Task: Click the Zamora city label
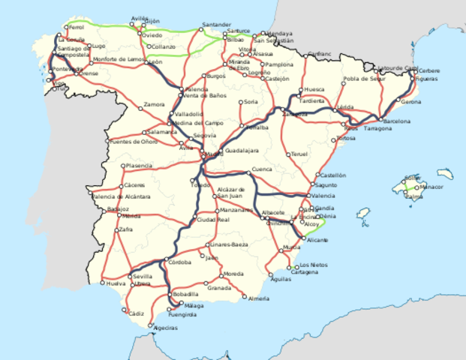[x=154, y=103]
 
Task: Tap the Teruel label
[x=299, y=154]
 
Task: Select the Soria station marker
[x=241, y=101]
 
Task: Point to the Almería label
[x=258, y=299]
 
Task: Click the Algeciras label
[x=165, y=328]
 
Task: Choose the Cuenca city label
[x=262, y=169]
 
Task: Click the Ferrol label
[x=77, y=27]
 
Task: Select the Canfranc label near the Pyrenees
[x=319, y=55]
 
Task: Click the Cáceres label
[x=135, y=184]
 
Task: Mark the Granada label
[x=219, y=287]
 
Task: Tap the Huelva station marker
[x=103, y=283]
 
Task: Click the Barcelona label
[x=397, y=121]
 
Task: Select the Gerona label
[x=411, y=101]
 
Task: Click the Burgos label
[x=215, y=76]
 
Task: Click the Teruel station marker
[x=287, y=154]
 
